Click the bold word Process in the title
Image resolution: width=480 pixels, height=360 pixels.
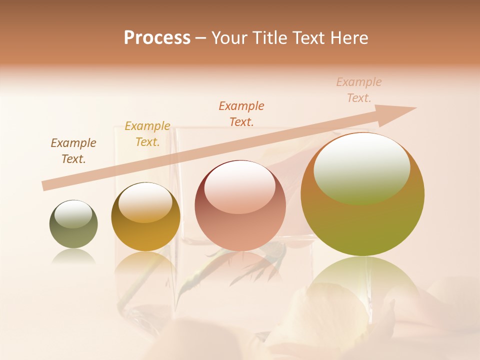157,38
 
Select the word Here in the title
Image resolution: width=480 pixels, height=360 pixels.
348,38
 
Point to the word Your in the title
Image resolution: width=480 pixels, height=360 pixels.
229,38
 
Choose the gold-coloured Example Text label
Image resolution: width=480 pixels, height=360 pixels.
147,134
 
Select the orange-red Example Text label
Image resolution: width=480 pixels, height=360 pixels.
241,113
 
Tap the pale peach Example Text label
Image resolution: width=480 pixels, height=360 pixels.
359,90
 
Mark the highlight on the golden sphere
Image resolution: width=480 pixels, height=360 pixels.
145,201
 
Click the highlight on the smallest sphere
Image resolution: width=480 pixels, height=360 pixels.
73,214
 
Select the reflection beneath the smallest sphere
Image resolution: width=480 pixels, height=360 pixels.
73,256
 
